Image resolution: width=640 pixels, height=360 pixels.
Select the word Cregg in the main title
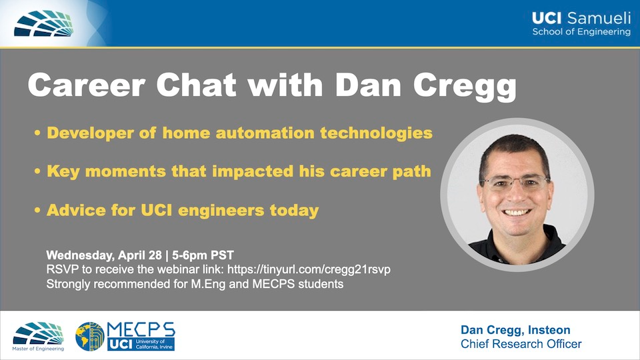pos(465,87)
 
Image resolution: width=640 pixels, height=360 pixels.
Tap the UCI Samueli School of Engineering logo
pos(581,24)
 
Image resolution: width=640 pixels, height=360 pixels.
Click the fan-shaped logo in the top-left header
pos(44,23)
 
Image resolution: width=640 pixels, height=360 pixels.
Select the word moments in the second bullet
pos(126,171)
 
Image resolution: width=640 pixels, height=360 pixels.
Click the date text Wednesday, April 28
pos(104,255)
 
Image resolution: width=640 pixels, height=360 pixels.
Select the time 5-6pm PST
pos(203,255)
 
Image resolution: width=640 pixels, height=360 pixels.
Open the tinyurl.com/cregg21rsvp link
pos(309,269)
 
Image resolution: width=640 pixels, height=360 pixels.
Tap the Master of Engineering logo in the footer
pos(39,336)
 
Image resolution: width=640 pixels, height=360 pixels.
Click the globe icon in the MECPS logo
pos(90,336)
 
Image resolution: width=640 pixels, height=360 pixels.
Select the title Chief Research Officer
pos(521,344)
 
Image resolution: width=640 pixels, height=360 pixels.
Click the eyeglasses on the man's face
pos(515,183)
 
